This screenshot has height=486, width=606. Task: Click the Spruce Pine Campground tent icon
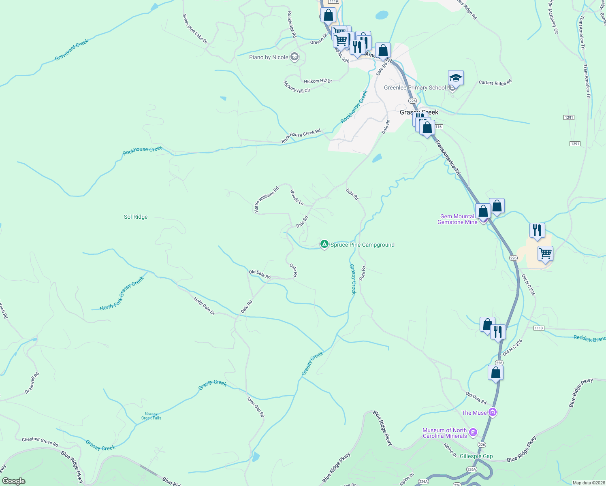coord(324,244)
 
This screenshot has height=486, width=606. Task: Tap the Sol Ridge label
coord(136,217)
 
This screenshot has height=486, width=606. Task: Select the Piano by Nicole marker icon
coord(294,57)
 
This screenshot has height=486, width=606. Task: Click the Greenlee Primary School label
coord(415,88)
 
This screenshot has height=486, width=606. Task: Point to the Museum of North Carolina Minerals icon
coord(473,433)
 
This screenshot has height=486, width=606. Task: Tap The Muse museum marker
coord(493,412)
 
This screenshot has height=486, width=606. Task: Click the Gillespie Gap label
coord(476,456)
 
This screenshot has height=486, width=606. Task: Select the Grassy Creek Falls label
coord(151,416)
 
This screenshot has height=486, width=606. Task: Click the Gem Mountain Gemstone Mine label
coord(458,219)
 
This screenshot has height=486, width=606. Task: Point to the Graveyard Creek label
coord(72,50)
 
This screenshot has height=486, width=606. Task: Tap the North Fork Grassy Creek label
coord(122,294)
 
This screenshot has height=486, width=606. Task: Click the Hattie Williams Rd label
coord(266,200)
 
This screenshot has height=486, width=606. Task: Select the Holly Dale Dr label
coord(204,306)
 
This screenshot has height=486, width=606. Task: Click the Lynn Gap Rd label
coord(256,407)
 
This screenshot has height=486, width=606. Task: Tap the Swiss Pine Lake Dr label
coord(195,29)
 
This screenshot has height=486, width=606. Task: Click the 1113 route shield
coord(538,328)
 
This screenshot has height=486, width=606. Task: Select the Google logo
coord(14,481)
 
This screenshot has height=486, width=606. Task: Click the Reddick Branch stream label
coord(589,339)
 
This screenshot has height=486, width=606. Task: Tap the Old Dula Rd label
coord(476,398)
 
